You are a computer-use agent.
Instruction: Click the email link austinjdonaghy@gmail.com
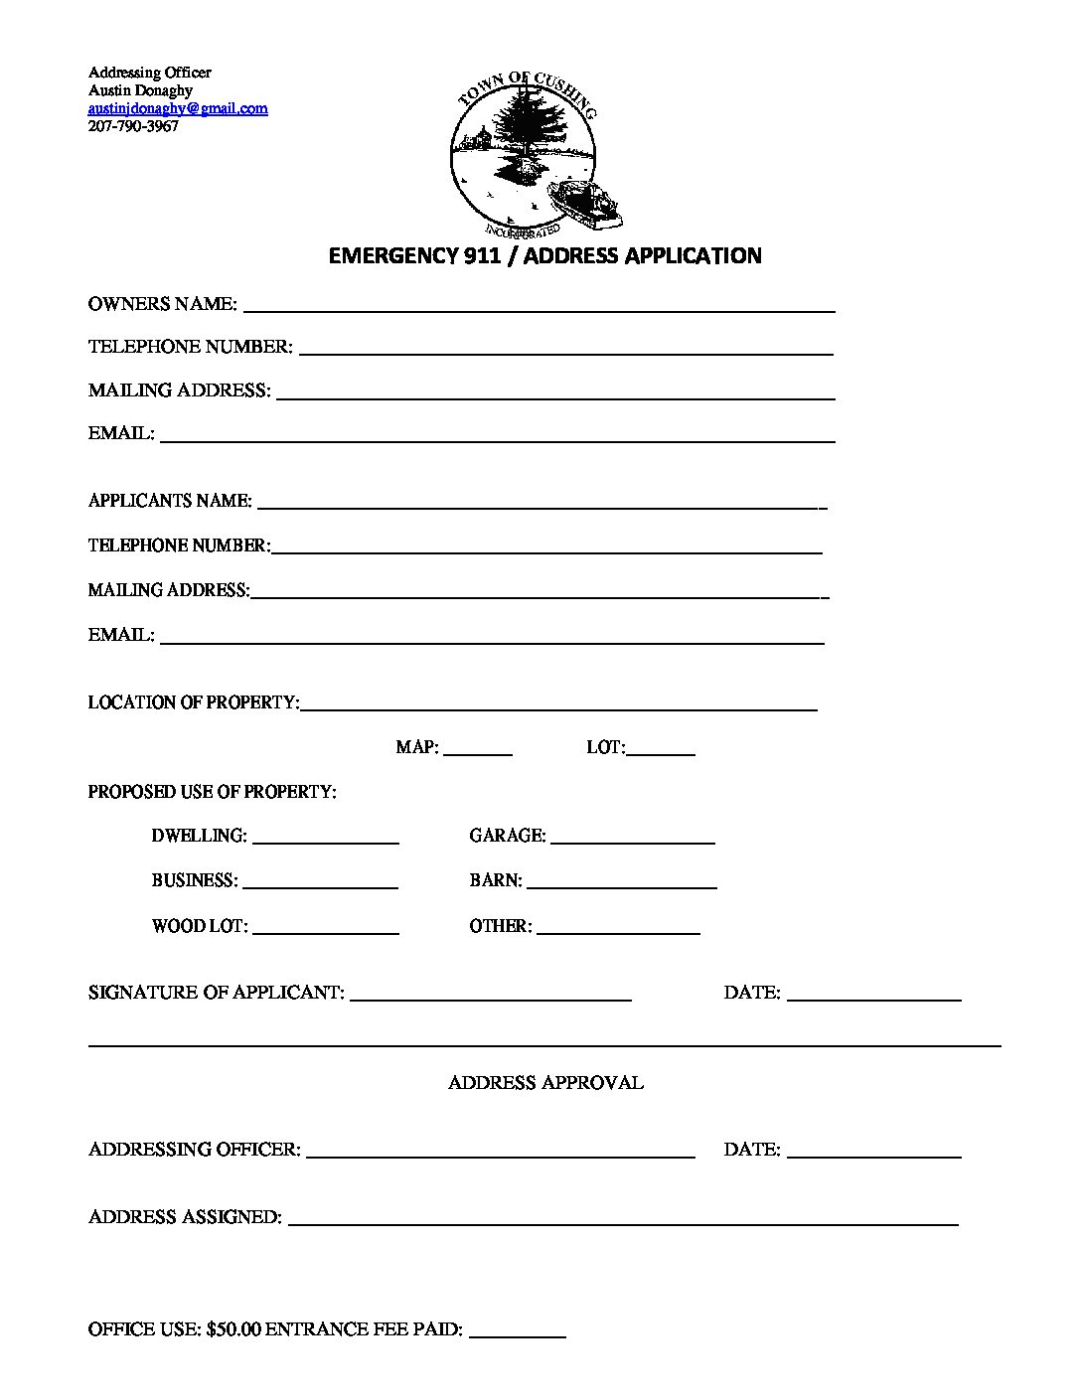click(178, 108)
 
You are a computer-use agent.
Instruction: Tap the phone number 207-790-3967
click(133, 126)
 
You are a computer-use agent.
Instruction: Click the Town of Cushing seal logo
click(524, 149)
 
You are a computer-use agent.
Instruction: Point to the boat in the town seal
click(587, 202)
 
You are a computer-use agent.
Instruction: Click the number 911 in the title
click(481, 256)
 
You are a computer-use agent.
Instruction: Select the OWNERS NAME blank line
click(539, 309)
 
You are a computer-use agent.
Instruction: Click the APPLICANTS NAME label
click(170, 501)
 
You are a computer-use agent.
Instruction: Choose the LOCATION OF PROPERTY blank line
click(558, 708)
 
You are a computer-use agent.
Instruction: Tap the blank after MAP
click(477, 753)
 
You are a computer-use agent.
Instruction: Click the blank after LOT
click(661, 753)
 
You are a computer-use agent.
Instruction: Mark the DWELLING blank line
click(326, 841)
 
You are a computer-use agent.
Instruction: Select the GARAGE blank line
click(633, 841)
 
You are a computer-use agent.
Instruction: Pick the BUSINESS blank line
click(320, 885)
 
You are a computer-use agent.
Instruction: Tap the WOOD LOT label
click(199, 926)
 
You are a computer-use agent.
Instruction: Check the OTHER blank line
click(618, 931)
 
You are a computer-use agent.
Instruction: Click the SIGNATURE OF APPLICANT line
click(491, 998)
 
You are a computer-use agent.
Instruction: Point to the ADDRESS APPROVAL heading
click(545, 1083)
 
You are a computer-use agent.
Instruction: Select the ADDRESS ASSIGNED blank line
click(623, 1223)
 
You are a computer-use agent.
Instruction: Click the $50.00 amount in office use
click(233, 1329)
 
